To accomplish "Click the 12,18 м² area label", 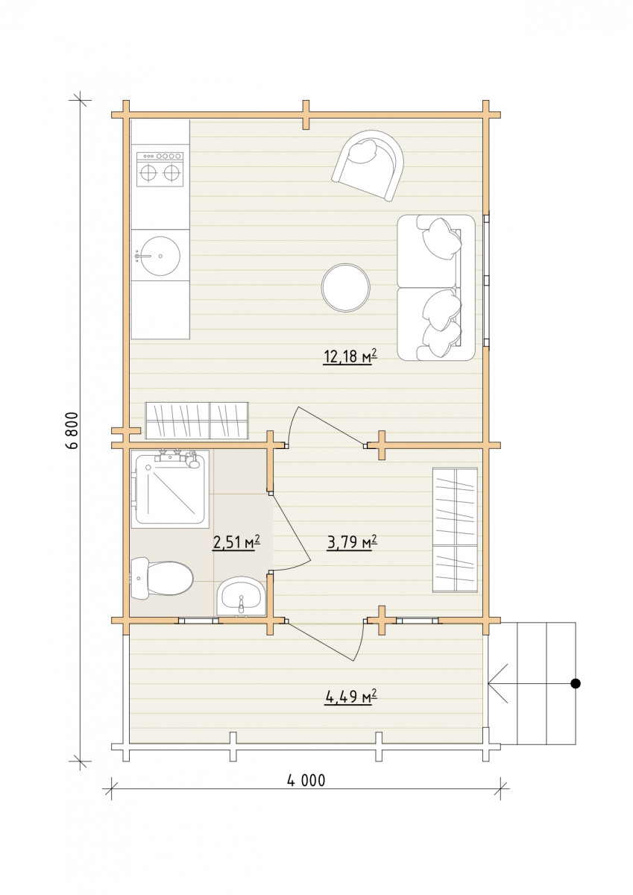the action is click(x=350, y=357).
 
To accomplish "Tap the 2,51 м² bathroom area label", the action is click(x=237, y=542).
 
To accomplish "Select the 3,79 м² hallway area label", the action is click(x=352, y=542).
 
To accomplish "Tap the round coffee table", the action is click(x=345, y=288).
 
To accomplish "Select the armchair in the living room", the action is click(x=368, y=166).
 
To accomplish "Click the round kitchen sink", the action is click(x=157, y=255).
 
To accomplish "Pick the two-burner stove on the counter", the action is click(x=160, y=169).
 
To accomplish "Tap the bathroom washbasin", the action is click(x=240, y=597).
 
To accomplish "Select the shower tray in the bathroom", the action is click(x=170, y=489).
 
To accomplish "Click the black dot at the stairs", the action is click(x=575, y=683).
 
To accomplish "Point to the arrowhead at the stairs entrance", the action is click(x=490, y=683).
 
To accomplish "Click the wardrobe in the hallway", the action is click(x=455, y=530).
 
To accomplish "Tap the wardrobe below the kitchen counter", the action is click(x=197, y=421).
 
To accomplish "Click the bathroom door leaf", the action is click(x=290, y=527).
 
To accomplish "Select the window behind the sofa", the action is click(x=486, y=280).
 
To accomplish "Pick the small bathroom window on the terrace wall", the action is click(x=198, y=621).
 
